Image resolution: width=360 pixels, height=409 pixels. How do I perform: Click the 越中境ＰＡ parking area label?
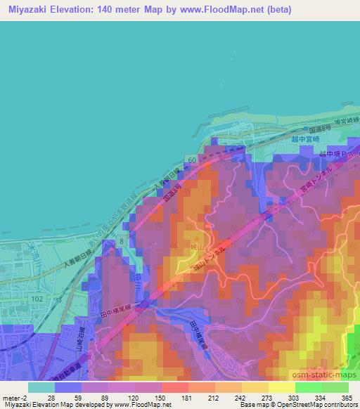[330, 155]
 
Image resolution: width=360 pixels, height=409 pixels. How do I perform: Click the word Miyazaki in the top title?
[25, 10]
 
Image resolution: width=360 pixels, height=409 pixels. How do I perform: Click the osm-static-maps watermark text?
[325, 375]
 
